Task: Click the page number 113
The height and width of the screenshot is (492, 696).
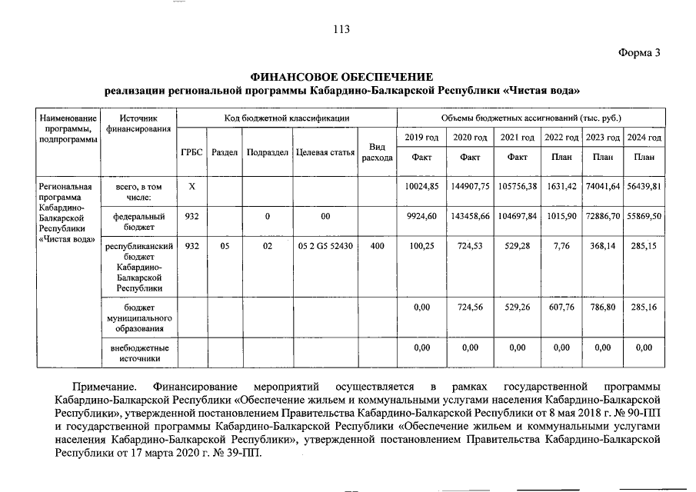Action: coord(341,29)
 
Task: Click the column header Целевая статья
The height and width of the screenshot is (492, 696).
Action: coord(325,152)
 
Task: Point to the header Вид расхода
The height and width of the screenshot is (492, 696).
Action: coord(377,152)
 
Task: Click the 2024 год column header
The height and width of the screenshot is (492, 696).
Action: coord(644,137)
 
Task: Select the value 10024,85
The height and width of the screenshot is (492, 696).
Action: coord(421,187)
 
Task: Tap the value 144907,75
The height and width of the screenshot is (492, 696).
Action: coord(470,187)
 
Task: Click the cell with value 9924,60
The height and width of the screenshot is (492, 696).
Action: coord(421,216)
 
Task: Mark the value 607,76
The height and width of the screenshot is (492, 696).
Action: coord(561,307)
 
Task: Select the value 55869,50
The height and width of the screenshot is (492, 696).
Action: coord(644,216)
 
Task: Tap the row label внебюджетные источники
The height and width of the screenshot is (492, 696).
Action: coord(138,353)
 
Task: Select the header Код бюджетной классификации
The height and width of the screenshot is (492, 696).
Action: coord(287,118)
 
